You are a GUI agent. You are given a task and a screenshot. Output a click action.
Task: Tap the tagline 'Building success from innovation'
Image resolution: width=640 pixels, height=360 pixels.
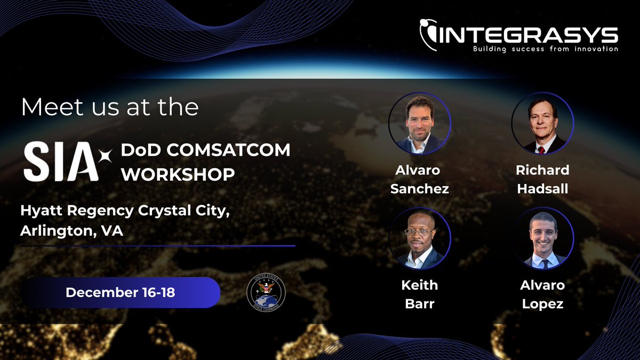(x=545, y=49)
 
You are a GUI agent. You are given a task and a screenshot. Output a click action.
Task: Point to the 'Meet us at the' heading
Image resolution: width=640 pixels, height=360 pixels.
(x=109, y=107)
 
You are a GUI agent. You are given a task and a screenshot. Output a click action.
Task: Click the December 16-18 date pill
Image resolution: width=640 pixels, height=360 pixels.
(x=120, y=292)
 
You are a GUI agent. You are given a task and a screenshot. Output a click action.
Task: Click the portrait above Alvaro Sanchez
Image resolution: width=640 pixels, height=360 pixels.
(x=419, y=123)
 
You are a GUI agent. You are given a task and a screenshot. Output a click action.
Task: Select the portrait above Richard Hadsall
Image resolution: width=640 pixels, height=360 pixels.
(x=542, y=123)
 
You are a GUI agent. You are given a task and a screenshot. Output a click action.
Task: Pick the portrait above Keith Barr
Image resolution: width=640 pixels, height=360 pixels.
(x=419, y=238)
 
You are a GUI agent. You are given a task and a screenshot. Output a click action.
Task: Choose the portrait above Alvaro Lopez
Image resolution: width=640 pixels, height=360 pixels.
(x=542, y=238)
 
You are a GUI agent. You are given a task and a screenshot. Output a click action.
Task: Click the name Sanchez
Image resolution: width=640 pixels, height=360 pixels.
(x=419, y=188)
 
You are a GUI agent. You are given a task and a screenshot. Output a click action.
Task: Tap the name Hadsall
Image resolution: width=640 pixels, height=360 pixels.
(x=542, y=188)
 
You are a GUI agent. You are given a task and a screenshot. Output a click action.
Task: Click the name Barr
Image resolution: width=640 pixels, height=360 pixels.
(x=419, y=304)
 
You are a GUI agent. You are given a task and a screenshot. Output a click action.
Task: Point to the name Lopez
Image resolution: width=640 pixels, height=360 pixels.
(x=542, y=304)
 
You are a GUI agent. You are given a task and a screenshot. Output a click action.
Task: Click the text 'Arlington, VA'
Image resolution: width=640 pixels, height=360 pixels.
(x=72, y=231)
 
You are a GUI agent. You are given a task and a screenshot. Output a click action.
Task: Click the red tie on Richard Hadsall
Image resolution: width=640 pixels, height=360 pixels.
(x=541, y=149)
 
